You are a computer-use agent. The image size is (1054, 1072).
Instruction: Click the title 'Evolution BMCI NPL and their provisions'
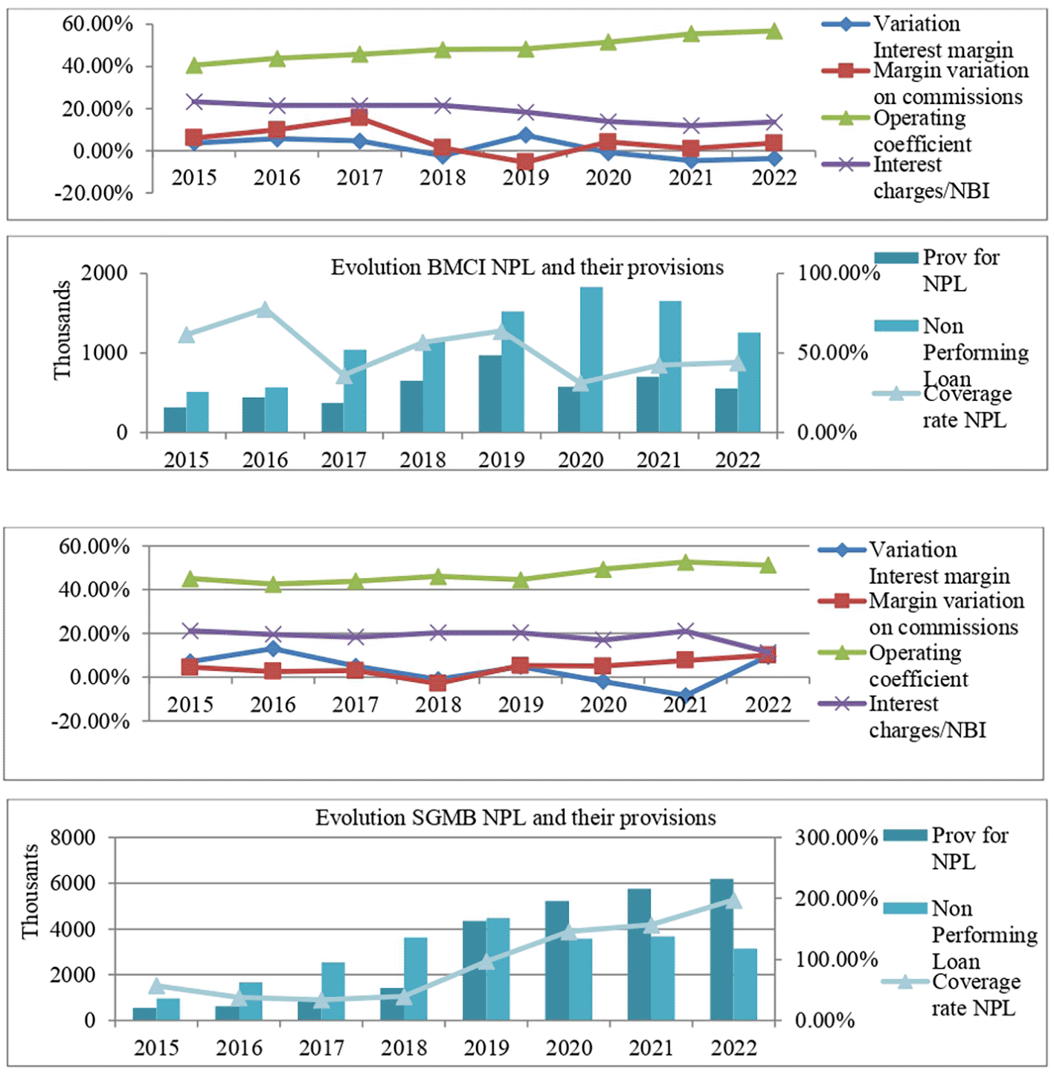click(527, 267)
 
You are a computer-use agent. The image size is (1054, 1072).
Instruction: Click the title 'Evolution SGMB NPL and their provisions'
click(515, 818)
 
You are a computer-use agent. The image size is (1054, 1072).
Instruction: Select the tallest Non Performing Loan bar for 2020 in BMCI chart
click(591, 359)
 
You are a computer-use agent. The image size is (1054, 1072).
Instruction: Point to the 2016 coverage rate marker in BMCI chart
click(266, 309)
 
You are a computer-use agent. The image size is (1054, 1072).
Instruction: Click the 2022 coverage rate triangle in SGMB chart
click(733, 901)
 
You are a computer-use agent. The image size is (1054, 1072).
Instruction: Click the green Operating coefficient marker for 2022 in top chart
click(774, 31)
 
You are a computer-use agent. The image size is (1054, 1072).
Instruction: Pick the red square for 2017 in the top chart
click(359, 118)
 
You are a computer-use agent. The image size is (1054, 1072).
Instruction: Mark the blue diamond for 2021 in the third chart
click(685, 696)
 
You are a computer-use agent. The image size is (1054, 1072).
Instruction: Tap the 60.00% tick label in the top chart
click(97, 24)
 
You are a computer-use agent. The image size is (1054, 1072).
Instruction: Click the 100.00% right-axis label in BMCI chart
click(838, 273)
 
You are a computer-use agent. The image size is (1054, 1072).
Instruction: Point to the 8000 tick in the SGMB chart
click(73, 838)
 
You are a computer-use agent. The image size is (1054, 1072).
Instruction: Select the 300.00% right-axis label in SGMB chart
click(836, 838)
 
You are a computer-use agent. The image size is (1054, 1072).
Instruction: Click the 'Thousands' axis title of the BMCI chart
click(62, 330)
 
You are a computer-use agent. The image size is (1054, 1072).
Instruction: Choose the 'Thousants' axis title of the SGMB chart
click(30, 891)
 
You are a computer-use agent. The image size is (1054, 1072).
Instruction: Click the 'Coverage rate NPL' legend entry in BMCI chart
click(966, 406)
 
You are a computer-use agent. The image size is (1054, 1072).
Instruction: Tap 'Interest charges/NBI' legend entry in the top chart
click(931, 178)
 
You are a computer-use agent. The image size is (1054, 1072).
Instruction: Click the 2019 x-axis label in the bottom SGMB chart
click(486, 1047)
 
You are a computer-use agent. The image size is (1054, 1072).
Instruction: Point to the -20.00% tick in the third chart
click(90, 721)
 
